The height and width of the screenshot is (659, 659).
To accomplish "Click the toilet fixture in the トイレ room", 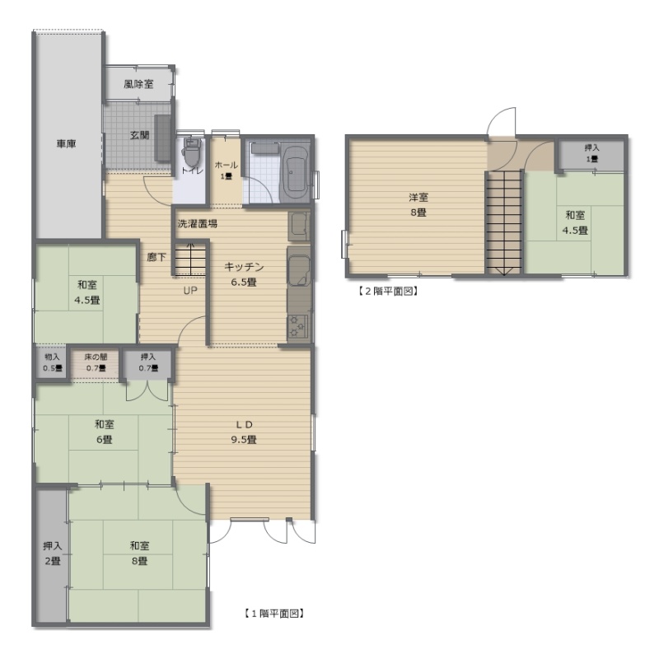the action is tap(193, 152).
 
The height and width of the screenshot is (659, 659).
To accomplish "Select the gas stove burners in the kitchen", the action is tap(297, 327).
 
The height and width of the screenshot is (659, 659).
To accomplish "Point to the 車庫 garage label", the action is tap(67, 143).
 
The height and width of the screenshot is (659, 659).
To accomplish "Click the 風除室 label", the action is tap(138, 84).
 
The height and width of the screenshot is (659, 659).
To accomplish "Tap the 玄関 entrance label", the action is tap(139, 135).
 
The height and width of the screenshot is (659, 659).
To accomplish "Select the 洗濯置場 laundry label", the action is tap(198, 223).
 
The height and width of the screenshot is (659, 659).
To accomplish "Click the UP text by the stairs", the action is tap(190, 291).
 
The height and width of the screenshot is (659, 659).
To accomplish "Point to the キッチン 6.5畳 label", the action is tap(244, 274).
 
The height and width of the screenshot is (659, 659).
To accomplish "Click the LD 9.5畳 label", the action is tap(243, 432).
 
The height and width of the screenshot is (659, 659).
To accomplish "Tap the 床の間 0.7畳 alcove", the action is tap(96, 362).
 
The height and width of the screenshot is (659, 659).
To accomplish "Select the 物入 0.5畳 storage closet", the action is tap(52, 362).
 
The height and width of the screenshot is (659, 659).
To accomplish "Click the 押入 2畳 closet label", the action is tap(53, 554).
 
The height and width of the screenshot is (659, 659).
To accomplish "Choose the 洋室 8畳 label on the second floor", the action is tap(418, 204).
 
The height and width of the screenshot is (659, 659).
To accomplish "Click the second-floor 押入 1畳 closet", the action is tap(591, 154).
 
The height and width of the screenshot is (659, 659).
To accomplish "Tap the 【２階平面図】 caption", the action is tap(387, 291).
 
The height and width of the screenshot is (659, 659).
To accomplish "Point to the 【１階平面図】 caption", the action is tap(273, 614).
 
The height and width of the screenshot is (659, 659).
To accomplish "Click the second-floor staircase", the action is tap(504, 223).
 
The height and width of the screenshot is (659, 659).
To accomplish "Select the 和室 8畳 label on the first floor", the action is tap(139, 554).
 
